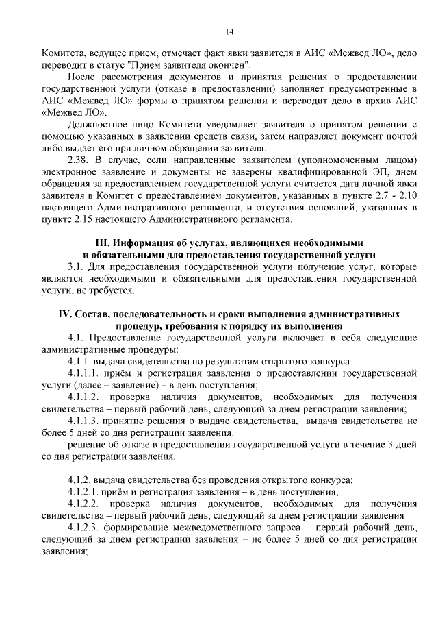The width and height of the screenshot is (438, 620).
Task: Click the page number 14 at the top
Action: pyautogui.click(x=229, y=32)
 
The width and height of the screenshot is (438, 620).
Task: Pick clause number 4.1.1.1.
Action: pyautogui.click(x=86, y=373)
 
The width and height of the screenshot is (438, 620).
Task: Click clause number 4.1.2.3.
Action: pyautogui.click(x=86, y=529)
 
